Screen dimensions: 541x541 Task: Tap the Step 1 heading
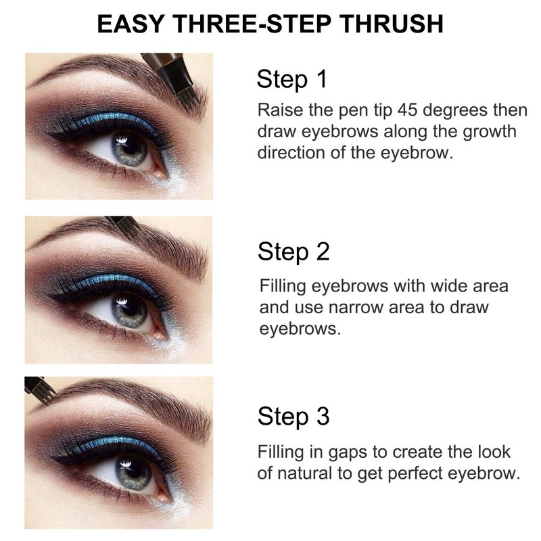tap(292, 80)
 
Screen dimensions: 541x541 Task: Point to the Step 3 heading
tap(293, 416)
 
